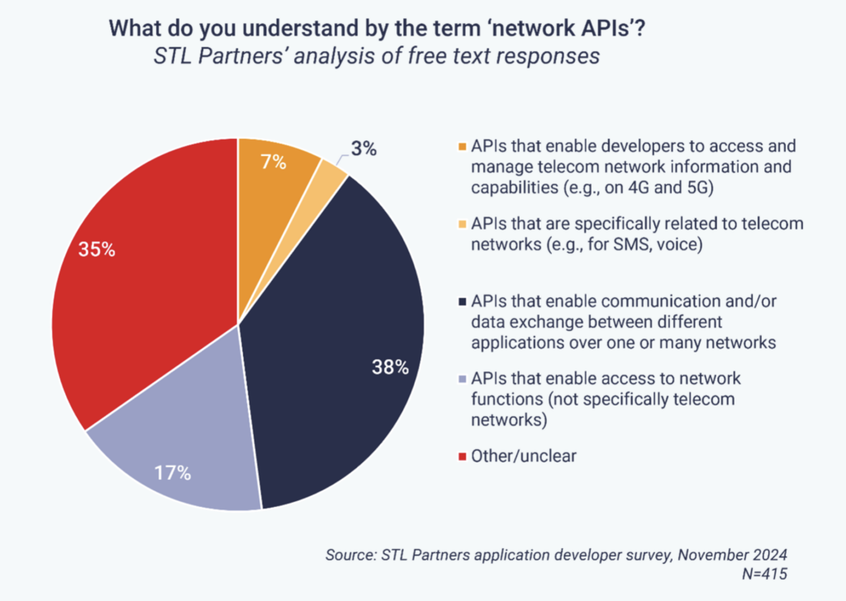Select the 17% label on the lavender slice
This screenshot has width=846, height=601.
pyautogui.click(x=173, y=473)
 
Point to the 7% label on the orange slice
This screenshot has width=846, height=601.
pyautogui.click(x=272, y=163)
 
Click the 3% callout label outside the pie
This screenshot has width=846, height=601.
pyautogui.click(x=364, y=149)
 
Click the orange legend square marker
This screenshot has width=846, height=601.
pyautogui.click(x=462, y=147)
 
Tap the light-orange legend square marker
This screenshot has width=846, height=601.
pyautogui.click(x=462, y=225)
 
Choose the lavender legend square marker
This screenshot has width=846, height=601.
pyautogui.click(x=462, y=380)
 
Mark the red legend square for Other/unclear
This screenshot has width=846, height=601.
pyautogui.click(x=462, y=456)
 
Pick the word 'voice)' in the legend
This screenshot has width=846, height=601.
pyautogui.click(x=678, y=244)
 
